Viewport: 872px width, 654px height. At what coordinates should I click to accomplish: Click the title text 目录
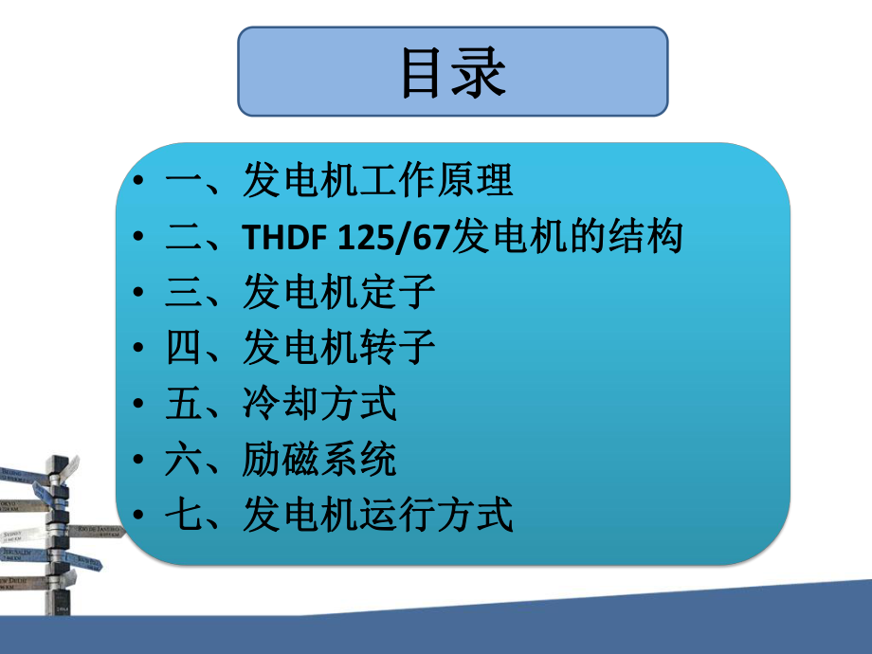coord(452,72)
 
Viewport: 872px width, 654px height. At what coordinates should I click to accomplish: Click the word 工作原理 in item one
coord(437,180)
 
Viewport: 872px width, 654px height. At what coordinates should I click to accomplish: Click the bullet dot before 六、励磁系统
coord(140,462)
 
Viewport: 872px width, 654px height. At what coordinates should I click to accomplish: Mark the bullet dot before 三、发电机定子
coord(140,294)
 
